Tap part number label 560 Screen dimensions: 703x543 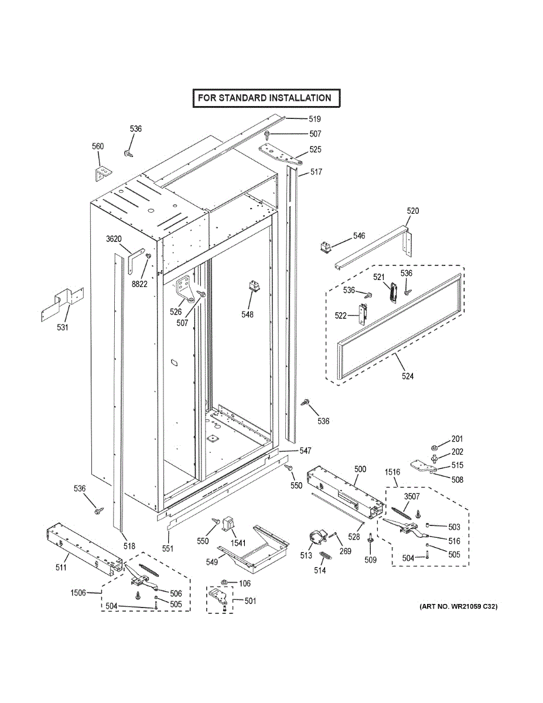[x=98, y=146]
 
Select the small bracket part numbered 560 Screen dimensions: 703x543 [x=103, y=173]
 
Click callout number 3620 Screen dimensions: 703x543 [x=114, y=239]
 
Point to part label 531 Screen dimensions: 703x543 [x=63, y=327]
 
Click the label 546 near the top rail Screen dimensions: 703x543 [x=359, y=236]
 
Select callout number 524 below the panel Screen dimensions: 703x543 [x=407, y=376]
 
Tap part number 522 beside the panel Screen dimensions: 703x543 [x=341, y=316]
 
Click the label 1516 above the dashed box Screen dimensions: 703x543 [x=392, y=472]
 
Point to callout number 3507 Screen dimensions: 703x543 [x=412, y=497]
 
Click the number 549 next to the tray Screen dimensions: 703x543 [x=211, y=562]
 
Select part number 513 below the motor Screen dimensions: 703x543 [x=306, y=555]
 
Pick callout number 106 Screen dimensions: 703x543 [x=245, y=583]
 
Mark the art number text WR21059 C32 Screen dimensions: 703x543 [x=458, y=607]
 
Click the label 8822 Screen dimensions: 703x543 [x=139, y=284]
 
